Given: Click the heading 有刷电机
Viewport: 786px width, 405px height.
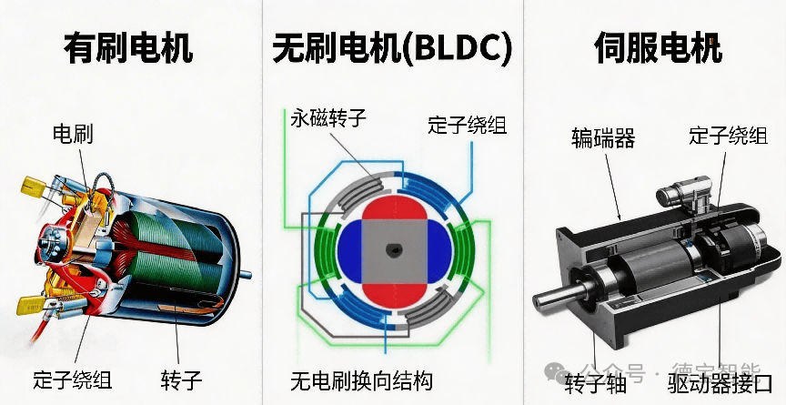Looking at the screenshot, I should [x=128, y=47].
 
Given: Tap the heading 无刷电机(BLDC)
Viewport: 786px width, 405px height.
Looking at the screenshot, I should [x=391, y=47].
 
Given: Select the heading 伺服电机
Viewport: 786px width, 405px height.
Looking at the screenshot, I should [x=658, y=47].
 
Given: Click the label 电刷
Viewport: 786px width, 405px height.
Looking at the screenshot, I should [x=74, y=136].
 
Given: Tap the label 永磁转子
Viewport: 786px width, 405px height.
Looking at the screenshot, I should [x=328, y=118].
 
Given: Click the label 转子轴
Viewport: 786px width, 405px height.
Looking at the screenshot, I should [x=596, y=383].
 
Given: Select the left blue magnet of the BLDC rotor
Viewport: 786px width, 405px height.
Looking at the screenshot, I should [x=349, y=251].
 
